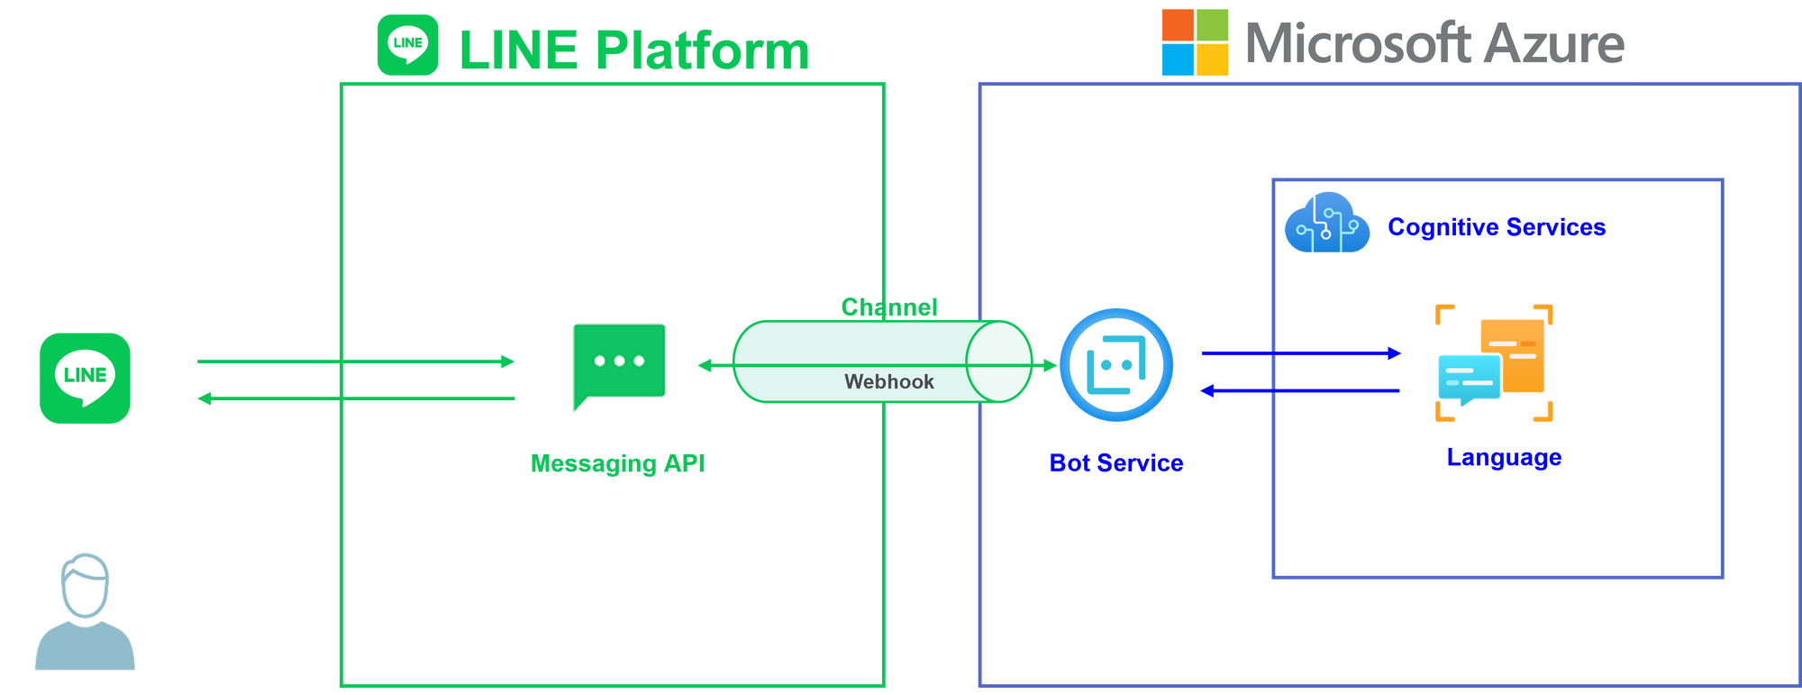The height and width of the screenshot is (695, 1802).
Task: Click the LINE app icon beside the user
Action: click(85, 378)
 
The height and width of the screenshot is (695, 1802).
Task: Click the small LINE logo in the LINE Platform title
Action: click(408, 44)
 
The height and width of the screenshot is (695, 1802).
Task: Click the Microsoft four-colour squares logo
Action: click(1195, 42)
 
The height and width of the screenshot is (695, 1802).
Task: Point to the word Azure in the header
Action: click(1555, 43)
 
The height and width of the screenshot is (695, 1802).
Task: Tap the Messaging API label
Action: click(618, 463)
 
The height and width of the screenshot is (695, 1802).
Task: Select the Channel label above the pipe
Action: click(888, 307)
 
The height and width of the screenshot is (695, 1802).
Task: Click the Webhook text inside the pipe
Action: click(888, 382)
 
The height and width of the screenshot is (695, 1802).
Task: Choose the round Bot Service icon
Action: click(1116, 364)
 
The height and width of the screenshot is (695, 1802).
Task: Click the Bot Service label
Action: click(1116, 463)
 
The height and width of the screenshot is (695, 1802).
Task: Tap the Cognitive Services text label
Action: click(1497, 226)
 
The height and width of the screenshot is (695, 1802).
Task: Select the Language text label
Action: click(1504, 458)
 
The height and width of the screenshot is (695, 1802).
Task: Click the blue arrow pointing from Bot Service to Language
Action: click(1301, 353)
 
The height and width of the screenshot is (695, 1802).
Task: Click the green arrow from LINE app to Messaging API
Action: click(356, 362)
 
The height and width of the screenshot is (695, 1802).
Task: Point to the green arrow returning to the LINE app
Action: click(356, 398)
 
